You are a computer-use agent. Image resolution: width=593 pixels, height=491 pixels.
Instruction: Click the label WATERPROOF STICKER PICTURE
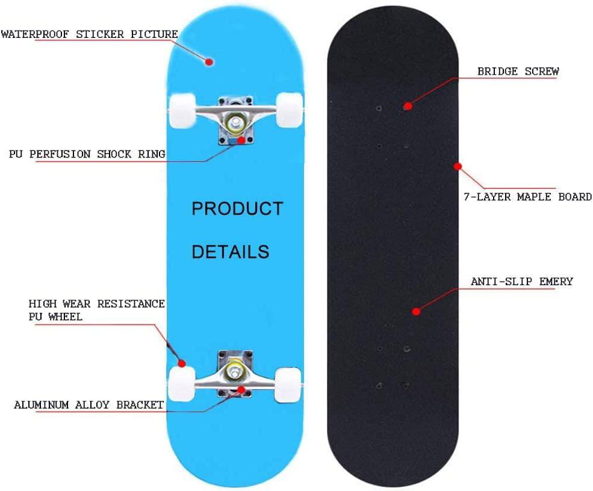[x=89, y=34]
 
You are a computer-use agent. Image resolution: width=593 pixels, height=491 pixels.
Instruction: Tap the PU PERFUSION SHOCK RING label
[x=87, y=154]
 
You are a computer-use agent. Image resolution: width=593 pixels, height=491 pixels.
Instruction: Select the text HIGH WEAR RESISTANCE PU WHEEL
[x=96, y=310]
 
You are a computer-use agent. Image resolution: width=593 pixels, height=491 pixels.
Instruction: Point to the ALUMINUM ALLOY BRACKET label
[x=88, y=404]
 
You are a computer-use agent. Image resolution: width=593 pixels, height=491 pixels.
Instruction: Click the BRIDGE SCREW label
[x=518, y=72]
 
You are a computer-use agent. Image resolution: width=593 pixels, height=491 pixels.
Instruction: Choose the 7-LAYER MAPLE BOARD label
[x=527, y=197]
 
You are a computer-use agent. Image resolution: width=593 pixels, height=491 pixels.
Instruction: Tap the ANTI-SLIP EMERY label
[x=521, y=281]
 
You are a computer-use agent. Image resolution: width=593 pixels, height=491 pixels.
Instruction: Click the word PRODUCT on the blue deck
[x=237, y=209]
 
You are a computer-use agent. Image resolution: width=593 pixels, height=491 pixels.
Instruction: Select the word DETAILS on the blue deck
[x=230, y=252]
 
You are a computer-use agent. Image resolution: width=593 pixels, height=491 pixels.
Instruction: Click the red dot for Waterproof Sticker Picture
[x=210, y=61]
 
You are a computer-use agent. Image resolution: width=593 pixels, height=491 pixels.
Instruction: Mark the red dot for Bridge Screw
[x=408, y=106]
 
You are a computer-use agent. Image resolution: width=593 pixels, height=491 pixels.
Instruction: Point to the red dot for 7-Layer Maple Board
[x=458, y=165]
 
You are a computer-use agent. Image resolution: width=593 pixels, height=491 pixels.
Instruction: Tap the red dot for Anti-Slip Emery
[x=415, y=311]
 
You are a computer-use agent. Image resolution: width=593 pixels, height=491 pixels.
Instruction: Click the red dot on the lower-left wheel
[x=181, y=363]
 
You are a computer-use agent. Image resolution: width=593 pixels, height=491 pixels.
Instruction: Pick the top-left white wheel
[x=181, y=110]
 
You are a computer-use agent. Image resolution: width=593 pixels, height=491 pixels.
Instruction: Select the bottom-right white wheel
[x=288, y=384]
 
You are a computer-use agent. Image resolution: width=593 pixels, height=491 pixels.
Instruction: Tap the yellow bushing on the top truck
[x=234, y=122]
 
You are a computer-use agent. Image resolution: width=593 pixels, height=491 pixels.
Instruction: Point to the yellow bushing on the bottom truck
[x=234, y=373]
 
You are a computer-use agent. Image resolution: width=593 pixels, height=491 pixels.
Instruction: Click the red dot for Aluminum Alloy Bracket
[x=241, y=389]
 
